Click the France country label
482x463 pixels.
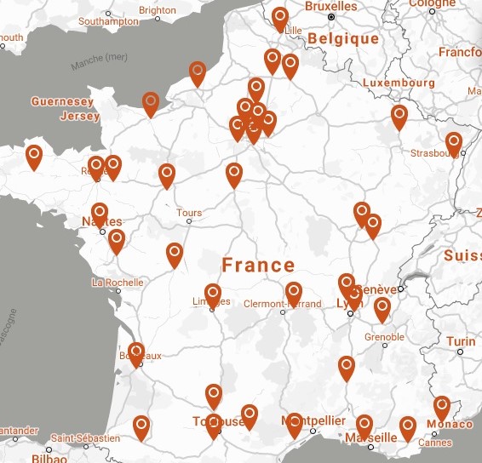pyautogui.click(x=258, y=265)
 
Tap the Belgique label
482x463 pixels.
pyautogui.click(x=343, y=39)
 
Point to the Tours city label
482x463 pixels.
pyautogui.click(x=188, y=212)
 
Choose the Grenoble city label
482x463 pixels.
pyautogui.click(x=384, y=337)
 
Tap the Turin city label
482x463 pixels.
pyautogui.click(x=461, y=341)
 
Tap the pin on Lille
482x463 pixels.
pyautogui.click(x=280, y=17)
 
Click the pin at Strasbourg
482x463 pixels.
pyautogui.click(x=454, y=142)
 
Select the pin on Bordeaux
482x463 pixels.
pyautogui.click(x=136, y=352)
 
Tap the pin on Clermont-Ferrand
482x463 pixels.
pyautogui.click(x=294, y=292)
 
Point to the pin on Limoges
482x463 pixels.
pyautogui.click(x=212, y=293)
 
